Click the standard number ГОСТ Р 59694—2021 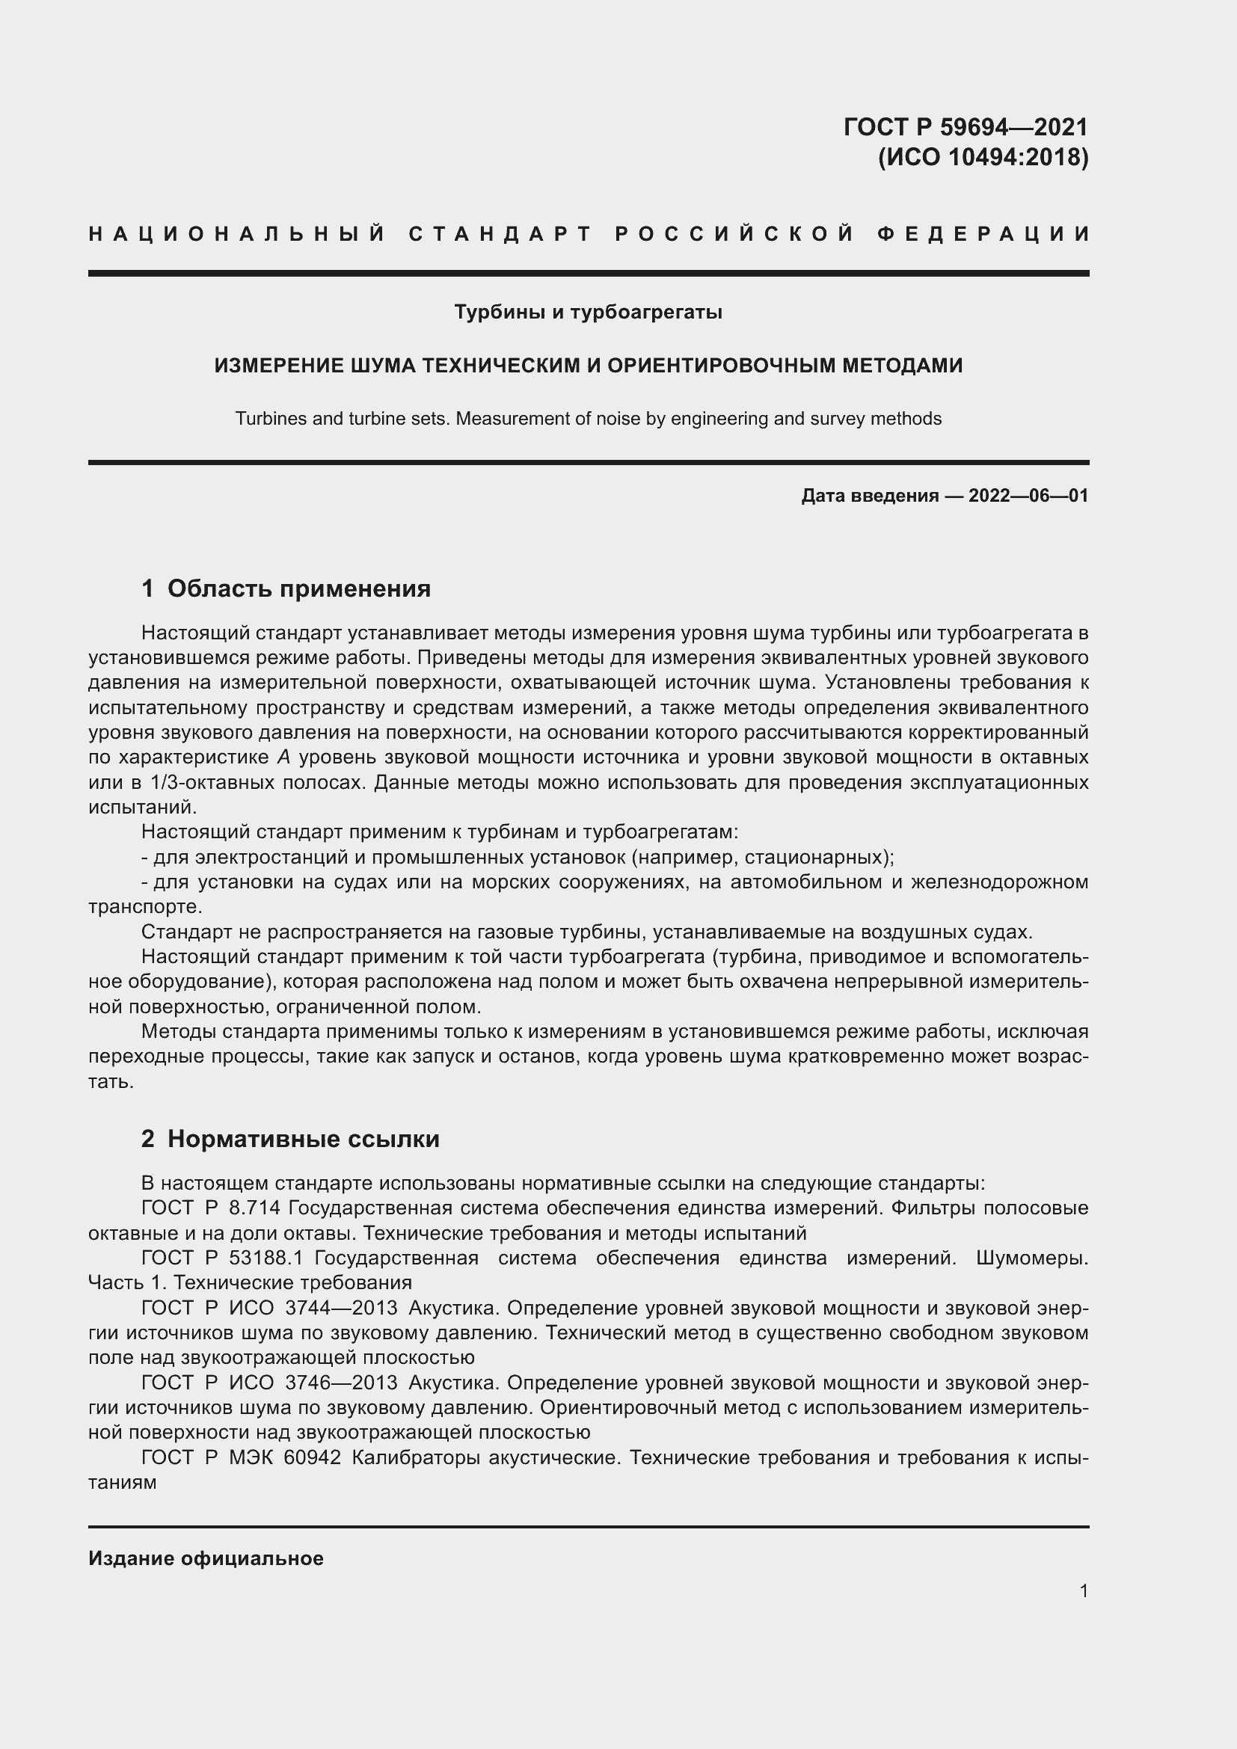point(966,126)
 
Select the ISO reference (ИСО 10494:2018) point(983,157)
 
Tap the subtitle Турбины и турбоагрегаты point(588,313)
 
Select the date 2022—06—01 point(1028,496)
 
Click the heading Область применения point(298,588)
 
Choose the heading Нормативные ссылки point(303,1139)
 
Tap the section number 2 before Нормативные point(148,1139)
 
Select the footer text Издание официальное point(206,1558)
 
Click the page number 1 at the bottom point(1084,1591)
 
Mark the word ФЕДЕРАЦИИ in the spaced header point(983,234)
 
